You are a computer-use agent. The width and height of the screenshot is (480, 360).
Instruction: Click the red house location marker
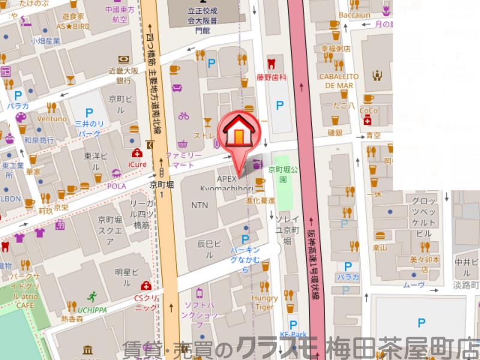[239, 133]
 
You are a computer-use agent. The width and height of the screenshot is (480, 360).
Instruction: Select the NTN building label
[200, 205]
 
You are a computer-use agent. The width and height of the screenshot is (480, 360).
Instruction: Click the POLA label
[116, 187]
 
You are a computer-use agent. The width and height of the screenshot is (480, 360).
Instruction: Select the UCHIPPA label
[92, 310]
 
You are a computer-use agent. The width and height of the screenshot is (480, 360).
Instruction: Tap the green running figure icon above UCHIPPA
[92, 296]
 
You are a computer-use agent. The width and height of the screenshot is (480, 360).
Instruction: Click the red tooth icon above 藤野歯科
[271, 62]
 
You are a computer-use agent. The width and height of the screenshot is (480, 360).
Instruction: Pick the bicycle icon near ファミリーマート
[184, 115]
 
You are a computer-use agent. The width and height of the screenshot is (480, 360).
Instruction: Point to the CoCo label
[368, 111]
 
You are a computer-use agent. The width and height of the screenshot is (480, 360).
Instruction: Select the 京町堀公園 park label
[280, 174]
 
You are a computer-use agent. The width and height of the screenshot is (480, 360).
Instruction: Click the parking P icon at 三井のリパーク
[89, 112]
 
